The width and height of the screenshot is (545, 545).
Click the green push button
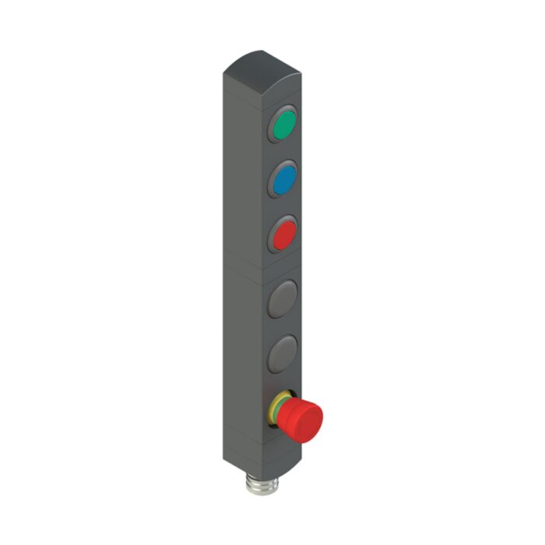(284, 124)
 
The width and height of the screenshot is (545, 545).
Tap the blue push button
(284, 179)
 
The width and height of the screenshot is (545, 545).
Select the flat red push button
(284, 233)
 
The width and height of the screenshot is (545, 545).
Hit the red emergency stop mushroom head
(304, 420)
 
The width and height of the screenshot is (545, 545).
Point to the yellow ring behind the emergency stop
(275, 410)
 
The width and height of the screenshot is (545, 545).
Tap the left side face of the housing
(241, 272)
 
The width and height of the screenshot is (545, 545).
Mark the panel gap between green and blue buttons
(283, 152)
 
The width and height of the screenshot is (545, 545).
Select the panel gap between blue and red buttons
(283, 206)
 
